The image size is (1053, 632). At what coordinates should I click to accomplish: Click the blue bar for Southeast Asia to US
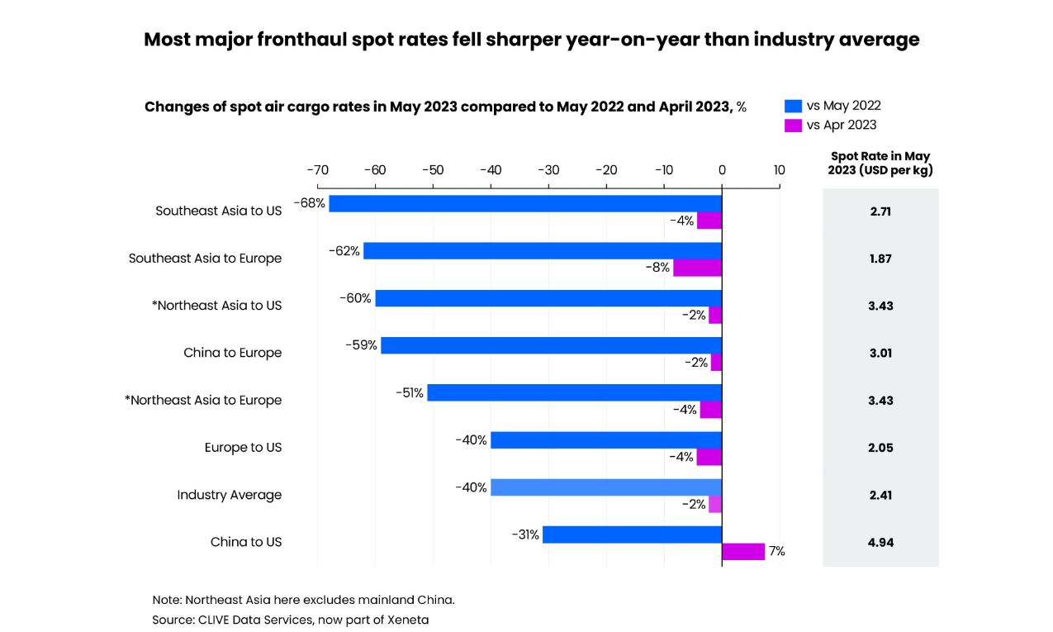524,203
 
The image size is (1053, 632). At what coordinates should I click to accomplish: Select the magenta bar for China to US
743,552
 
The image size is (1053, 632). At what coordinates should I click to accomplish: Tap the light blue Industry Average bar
605,487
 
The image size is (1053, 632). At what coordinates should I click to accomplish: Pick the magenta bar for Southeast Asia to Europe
697,268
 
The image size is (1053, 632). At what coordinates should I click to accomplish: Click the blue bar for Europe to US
605,440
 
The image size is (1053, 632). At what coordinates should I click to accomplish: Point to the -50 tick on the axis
433,170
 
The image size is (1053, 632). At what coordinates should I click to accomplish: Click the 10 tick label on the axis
779,170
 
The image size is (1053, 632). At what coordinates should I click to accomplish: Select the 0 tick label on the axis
721,170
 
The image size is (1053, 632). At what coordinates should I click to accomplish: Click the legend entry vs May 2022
842,106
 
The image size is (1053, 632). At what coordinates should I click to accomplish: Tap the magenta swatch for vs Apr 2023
793,126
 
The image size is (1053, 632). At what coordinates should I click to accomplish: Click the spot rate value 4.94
880,543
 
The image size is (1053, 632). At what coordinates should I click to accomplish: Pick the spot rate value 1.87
880,259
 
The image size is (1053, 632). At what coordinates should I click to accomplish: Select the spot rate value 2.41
880,496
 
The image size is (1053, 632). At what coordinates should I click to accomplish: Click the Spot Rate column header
880,164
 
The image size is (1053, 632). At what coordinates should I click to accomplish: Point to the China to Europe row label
232,353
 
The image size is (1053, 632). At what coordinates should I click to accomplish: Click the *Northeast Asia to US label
216,306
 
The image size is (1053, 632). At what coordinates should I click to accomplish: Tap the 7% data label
776,552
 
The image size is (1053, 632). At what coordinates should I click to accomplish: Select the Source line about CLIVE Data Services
290,620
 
